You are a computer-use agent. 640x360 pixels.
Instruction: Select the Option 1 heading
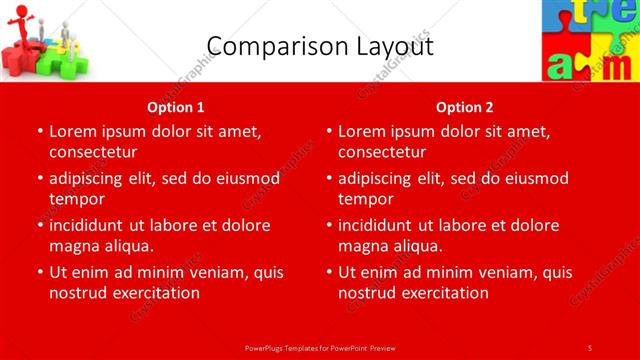pyautogui.click(x=176, y=107)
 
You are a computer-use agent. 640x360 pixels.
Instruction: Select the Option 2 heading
pyautogui.click(x=465, y=107)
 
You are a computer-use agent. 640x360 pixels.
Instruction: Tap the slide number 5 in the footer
pyautogui.click(x=590, y=347)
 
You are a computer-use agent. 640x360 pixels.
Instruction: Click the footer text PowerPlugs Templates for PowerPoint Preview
pyautogui.click(x=320, y=347)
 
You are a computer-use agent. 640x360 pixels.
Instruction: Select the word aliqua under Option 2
pyautogui.click(x=415, y=246)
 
